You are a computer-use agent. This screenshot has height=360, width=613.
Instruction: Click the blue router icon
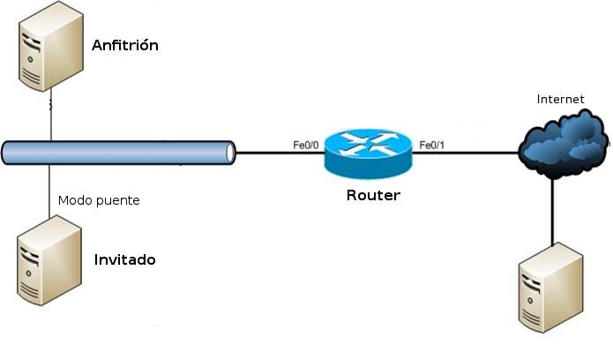click(367, 153)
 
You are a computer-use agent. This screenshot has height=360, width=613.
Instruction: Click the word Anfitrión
click(125, 44)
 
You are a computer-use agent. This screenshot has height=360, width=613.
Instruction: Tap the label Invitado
click(124, 259)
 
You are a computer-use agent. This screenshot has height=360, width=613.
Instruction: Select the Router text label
click(372, 196)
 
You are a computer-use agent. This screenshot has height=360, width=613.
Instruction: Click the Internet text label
click(561, 99)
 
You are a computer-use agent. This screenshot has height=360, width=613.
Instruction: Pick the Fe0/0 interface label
click(307, 144)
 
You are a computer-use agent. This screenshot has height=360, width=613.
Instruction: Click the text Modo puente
click(99, 200)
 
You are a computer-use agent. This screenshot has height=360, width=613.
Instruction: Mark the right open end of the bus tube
click(231, 153)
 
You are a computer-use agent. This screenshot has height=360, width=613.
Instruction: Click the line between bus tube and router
click(279, 153)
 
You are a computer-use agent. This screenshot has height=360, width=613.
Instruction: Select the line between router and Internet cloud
click(466, 153)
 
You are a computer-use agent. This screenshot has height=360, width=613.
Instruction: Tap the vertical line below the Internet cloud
click(554, 212)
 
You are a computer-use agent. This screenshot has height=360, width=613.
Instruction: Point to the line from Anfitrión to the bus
click(50, 119)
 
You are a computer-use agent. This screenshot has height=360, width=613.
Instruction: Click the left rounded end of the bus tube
click(6, 153)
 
